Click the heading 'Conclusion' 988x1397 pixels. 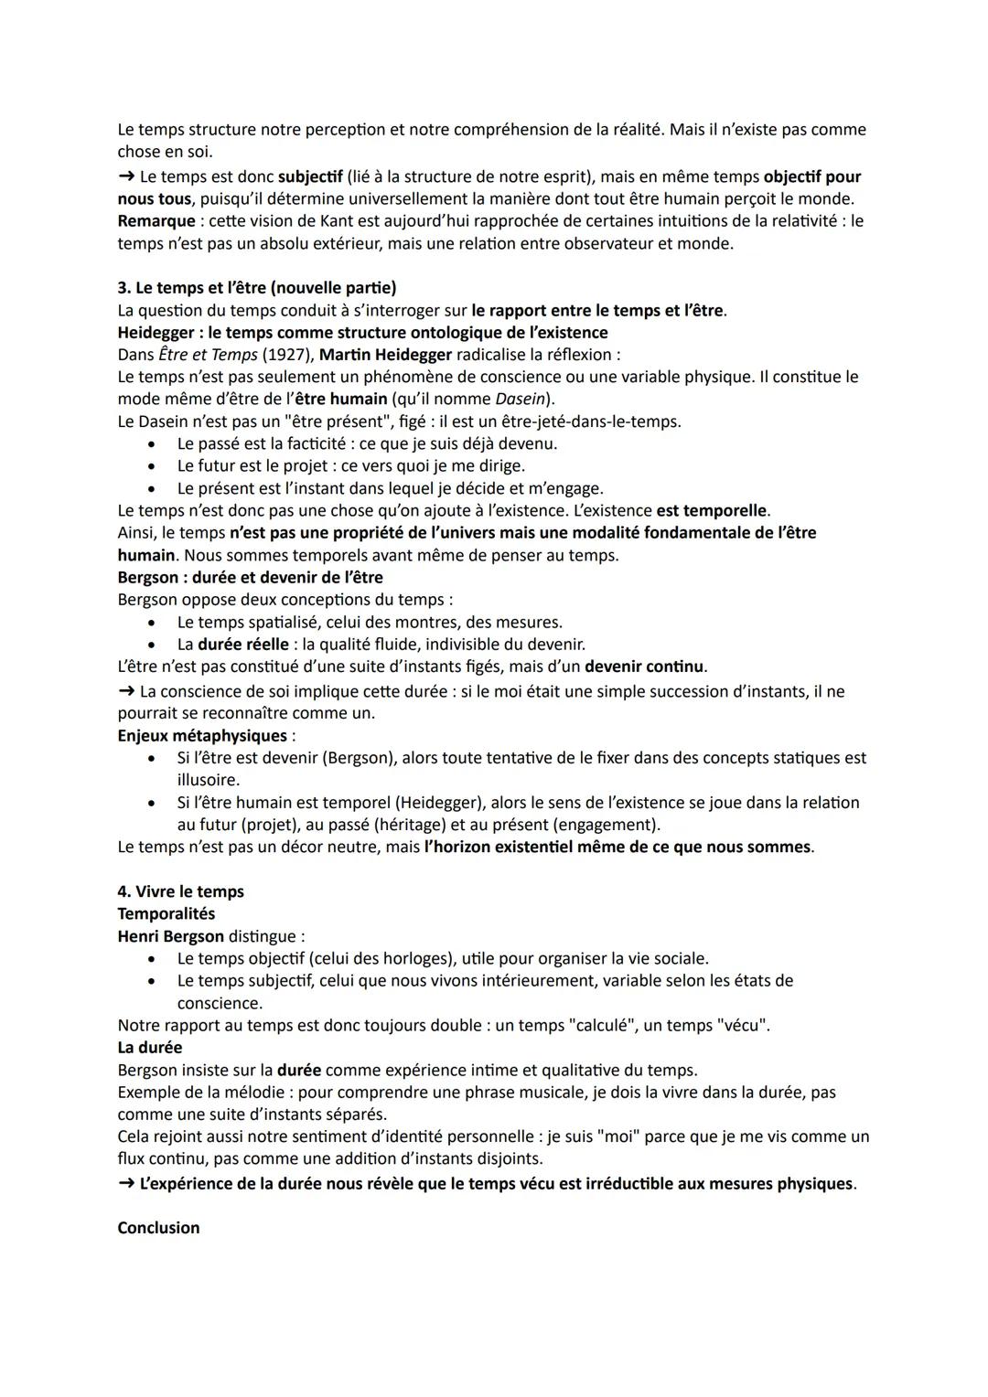point(158,1228)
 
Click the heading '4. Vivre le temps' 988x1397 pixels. point(180,891)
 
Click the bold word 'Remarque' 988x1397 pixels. point(156,221)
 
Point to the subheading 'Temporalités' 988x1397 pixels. point(166,913)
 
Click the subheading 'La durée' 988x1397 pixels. point(150,1048)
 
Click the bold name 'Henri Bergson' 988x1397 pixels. point(170,936)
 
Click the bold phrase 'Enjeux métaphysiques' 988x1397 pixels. point(202,736)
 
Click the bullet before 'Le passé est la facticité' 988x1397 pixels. point(152,444)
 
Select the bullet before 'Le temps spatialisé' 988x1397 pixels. point(152,623)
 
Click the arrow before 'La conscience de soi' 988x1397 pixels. point(126,691)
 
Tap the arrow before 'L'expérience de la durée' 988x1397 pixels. point(126,1184)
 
